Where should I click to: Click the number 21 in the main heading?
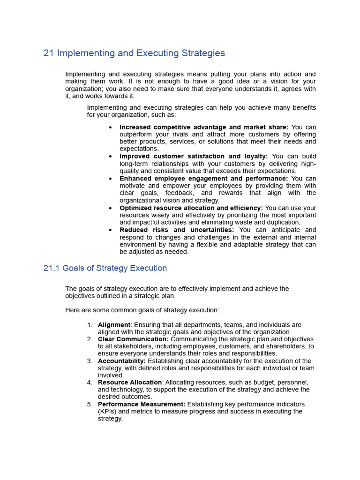49,53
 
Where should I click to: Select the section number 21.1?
52,268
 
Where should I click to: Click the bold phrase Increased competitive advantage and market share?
204,127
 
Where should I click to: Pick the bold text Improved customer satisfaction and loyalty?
194,156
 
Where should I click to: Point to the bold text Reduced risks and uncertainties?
177,230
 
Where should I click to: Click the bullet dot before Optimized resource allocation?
110,208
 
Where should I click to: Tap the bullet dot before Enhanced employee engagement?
110,179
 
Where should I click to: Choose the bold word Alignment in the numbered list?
114,325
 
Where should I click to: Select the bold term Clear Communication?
133,339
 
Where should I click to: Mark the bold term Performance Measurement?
142,404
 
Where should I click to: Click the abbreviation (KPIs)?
109,412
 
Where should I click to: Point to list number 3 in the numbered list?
90,361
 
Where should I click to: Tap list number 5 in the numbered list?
90,404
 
